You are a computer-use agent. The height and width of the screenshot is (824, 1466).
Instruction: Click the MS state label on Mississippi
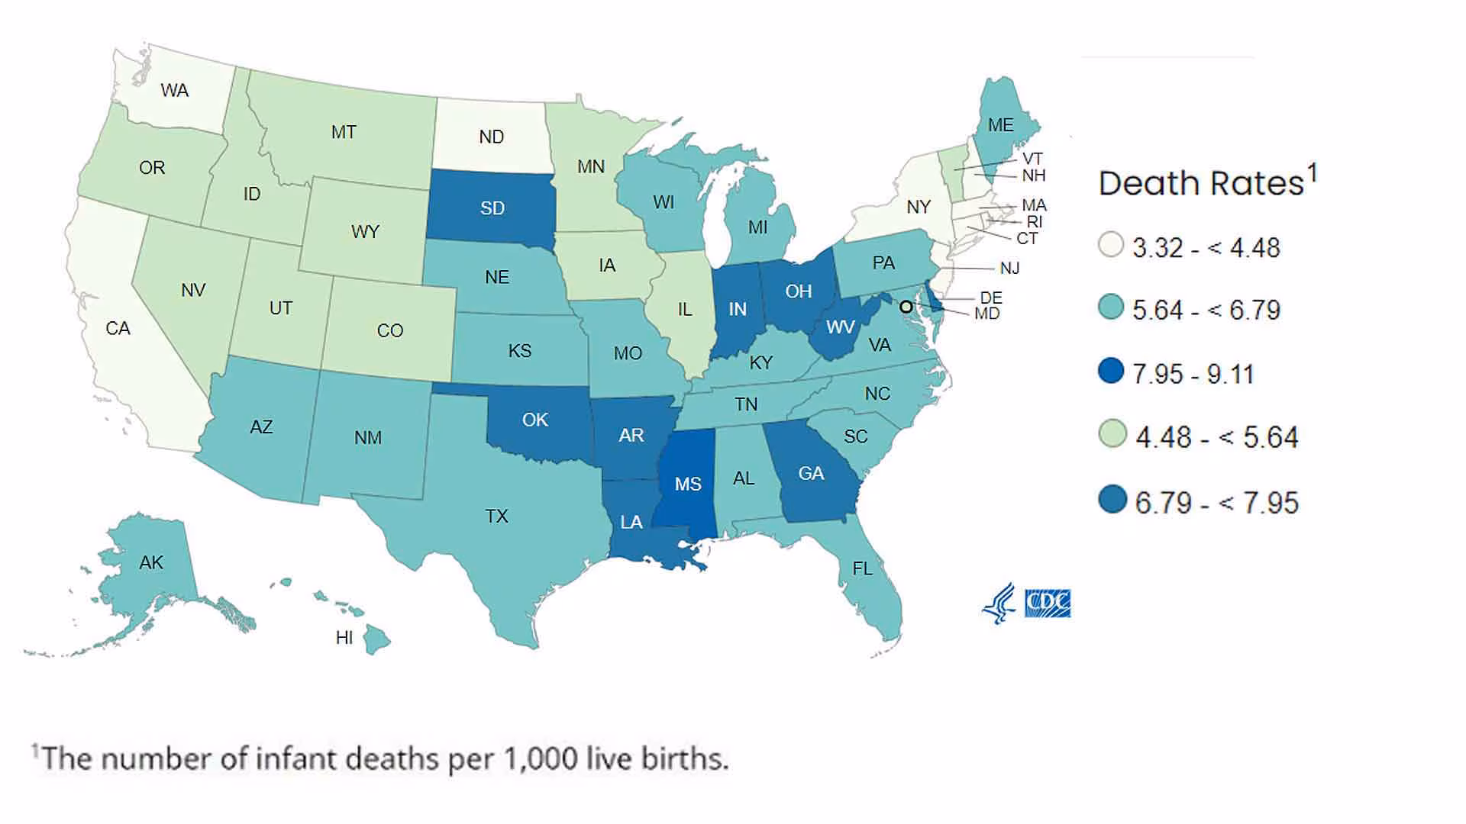688,484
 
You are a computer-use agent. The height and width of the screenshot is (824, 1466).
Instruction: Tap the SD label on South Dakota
492,208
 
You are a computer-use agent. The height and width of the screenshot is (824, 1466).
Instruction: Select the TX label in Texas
496,516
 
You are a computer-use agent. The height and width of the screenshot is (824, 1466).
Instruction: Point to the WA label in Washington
175,90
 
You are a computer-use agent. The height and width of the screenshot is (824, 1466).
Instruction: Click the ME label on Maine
1000,124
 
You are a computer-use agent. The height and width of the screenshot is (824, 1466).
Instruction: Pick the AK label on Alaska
151,562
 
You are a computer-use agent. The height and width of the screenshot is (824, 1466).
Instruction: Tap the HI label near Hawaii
344,637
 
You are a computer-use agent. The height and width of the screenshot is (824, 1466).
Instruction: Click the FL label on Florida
862,568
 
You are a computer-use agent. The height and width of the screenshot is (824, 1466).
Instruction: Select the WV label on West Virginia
840,327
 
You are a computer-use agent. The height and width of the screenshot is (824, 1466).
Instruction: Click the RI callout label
1034,221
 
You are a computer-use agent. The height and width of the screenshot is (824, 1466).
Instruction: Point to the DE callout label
991,298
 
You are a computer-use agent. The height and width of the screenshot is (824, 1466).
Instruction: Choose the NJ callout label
1009,268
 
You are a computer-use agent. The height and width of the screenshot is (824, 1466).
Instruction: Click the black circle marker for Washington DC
906,307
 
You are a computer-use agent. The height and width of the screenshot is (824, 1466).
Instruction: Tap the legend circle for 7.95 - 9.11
1111,372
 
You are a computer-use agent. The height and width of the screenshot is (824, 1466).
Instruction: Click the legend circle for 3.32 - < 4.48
1111,245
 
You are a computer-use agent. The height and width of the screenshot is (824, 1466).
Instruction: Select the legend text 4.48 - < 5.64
1216,436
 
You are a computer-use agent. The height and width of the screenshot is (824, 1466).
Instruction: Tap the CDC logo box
1047,603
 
